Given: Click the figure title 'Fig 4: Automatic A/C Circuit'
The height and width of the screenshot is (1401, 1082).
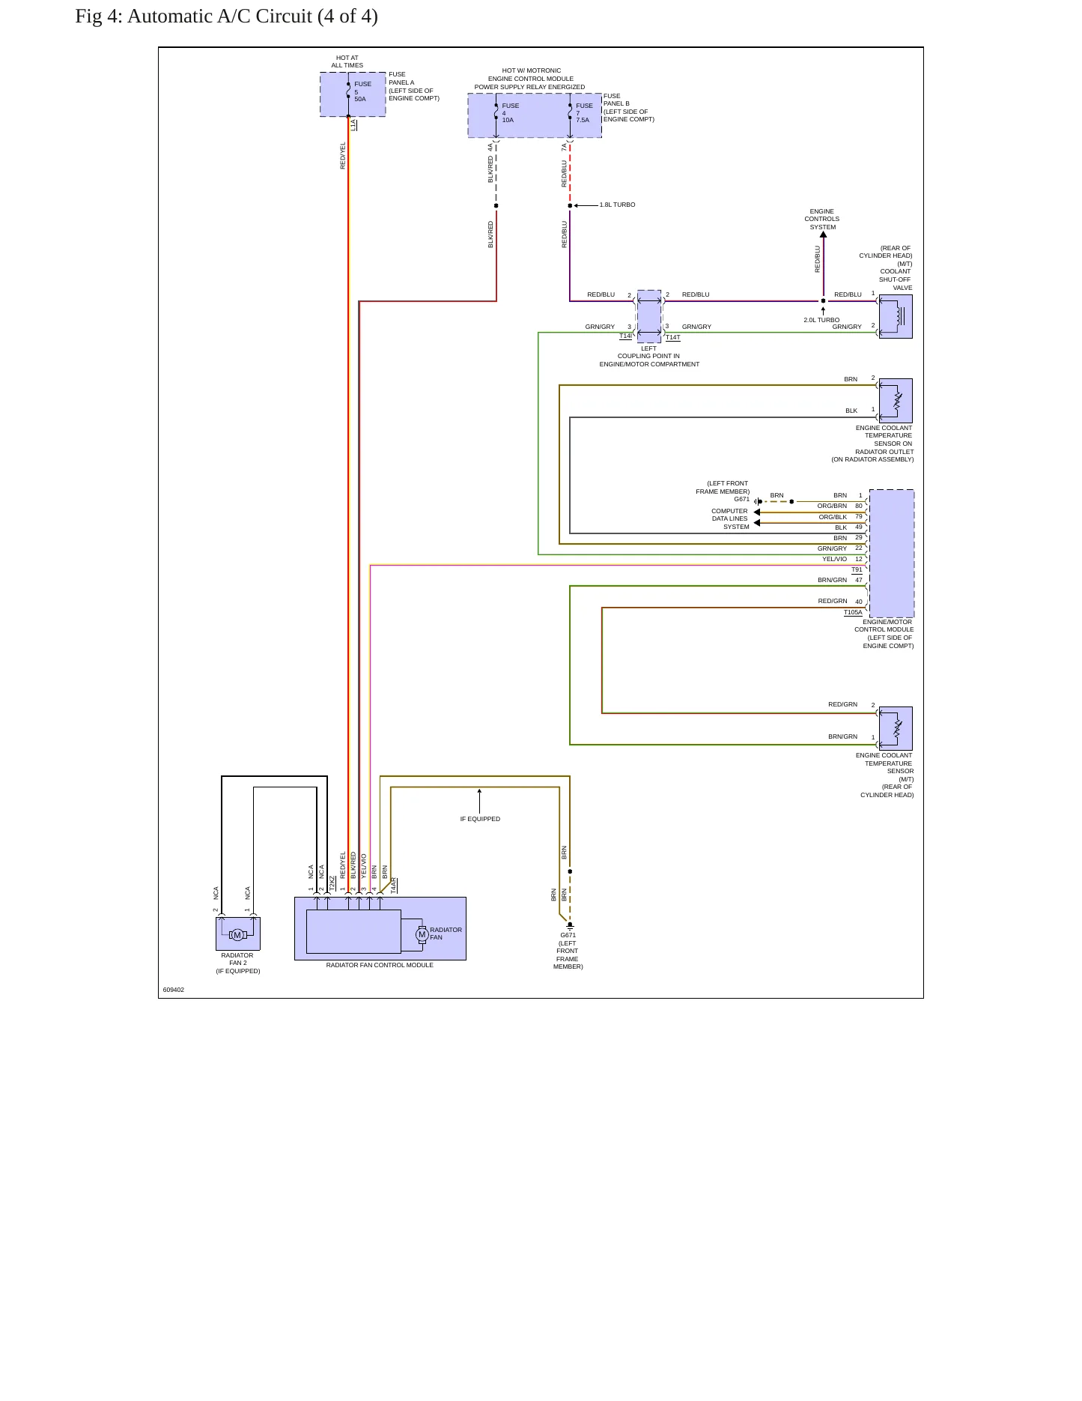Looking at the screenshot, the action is click(194, 16).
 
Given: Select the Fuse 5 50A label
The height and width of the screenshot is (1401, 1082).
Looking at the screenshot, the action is click(362, 91).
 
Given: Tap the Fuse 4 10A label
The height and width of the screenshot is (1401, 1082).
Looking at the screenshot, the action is click(510, 112).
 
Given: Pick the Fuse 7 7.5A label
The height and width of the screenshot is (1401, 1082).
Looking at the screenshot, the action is click(584, 112).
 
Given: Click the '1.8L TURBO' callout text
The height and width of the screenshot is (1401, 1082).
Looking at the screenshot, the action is click(617, 205).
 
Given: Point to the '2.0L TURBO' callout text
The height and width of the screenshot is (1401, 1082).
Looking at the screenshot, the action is click(821, 320).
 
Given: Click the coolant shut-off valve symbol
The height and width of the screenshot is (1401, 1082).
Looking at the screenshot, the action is click(896, 316).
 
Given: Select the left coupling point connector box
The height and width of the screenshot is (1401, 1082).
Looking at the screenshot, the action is click(649, 316).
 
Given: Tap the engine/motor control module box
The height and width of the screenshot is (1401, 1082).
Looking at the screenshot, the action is click(892, 554).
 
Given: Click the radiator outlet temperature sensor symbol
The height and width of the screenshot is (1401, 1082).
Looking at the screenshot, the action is click(896, 401).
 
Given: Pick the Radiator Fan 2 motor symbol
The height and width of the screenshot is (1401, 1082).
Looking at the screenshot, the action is click(237, 934).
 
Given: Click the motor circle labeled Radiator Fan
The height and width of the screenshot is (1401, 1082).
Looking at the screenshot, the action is click(422, 934).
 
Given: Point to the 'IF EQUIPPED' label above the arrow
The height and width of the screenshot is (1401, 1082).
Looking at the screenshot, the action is click(480, 819).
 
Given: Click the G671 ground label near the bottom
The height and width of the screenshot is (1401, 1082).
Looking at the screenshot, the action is click(568, 935).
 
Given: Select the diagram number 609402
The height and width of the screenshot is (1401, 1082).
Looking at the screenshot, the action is click(174, 990).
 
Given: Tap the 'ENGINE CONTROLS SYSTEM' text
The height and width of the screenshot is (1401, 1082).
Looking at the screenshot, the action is click(822, 220).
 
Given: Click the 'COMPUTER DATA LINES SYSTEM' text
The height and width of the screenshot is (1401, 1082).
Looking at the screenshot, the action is click(729, 518).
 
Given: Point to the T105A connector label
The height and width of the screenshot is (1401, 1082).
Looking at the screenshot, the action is click(853, 612).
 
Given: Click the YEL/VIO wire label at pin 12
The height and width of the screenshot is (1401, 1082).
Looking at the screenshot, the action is click(834, 559).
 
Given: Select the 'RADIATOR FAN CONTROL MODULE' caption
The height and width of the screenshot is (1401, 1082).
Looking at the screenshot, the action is click(380, 965).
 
